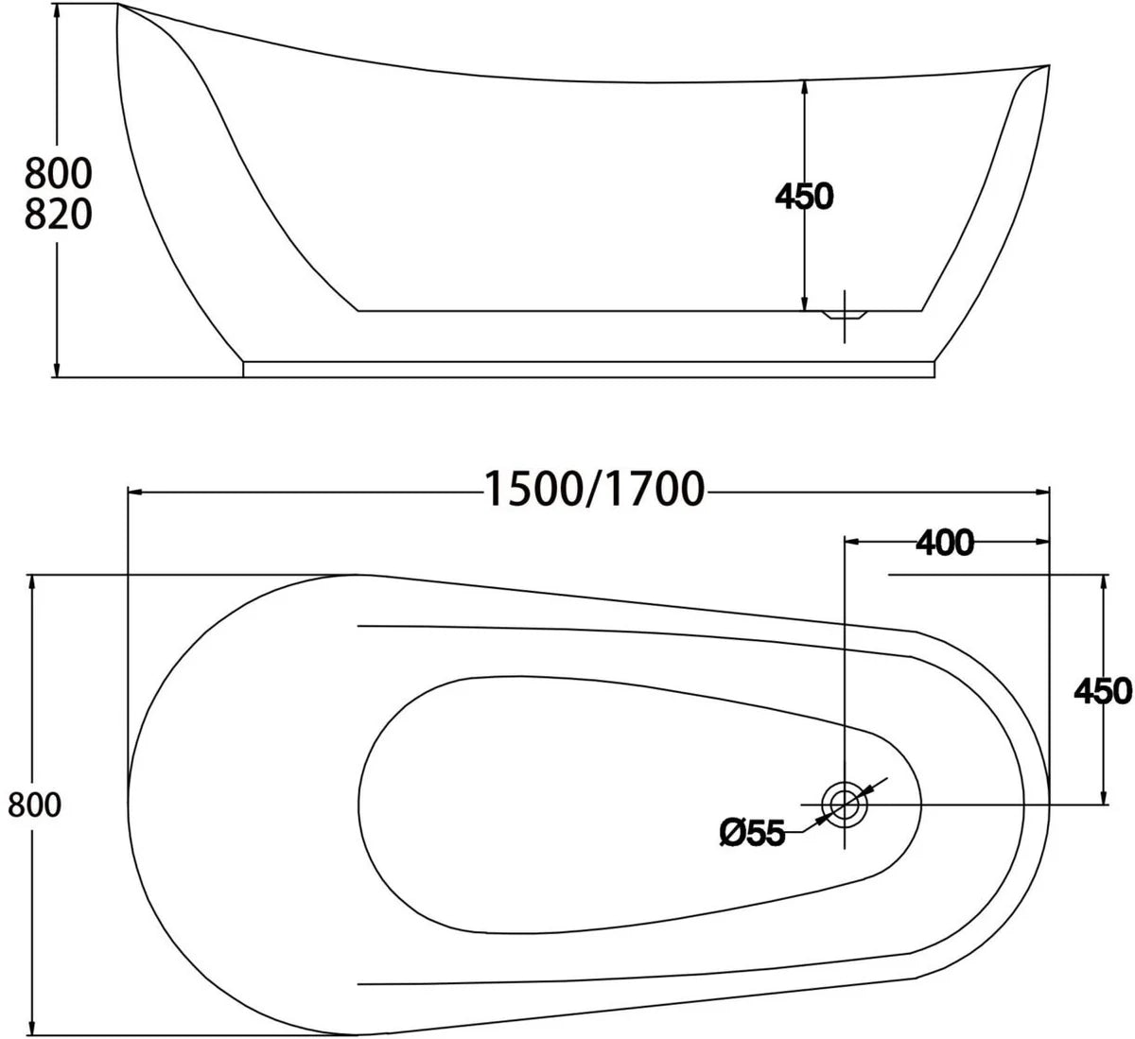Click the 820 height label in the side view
[x=58, y=216]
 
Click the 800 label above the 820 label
[x=58, y=174]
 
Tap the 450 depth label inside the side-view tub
[x=804, y=197]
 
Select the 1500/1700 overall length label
[x=595, y=490]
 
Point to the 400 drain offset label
[x=944, y=543]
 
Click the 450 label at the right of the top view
[x=1103, y=691]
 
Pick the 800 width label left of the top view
[x=34, y=805]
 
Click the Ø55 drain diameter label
[x=752, y=833]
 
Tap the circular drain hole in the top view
[x=844, y=804]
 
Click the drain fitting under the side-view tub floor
[x=845, y=316]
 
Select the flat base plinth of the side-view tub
[x=590, y=368]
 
